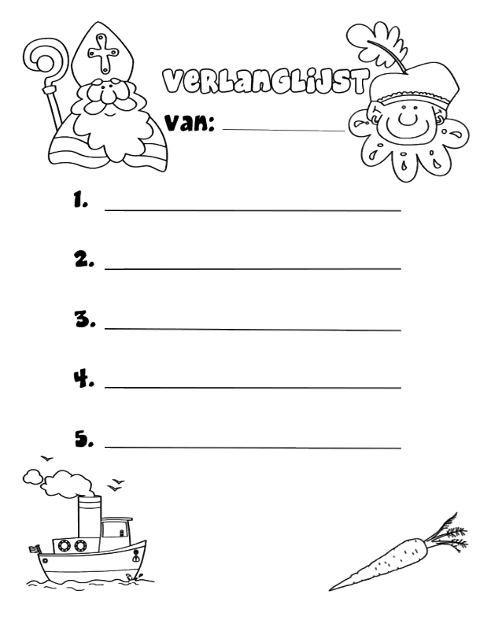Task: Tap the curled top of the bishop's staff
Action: click(42, 61)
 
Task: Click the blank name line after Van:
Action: click(284, 130)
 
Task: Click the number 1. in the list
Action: click(80, 199)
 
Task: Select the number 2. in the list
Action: click(84, 259)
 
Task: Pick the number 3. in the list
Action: click(85, 319)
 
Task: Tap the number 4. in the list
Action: click(84, 378)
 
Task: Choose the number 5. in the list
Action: click(84, 439)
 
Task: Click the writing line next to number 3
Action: click(253, 329)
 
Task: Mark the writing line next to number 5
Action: click(253, 447)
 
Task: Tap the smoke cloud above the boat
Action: click(61, 482)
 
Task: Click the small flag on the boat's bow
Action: click(35, 549)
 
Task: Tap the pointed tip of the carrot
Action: click(330, 590)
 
